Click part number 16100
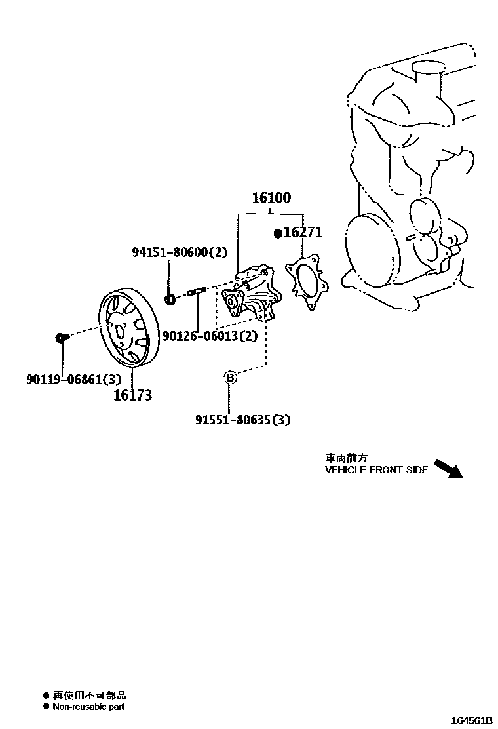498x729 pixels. click(x=271, y=198)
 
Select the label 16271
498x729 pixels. click(x=303, y=233)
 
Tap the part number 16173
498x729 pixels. click(x=132, y=395)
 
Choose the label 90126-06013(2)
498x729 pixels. click(x=209, y=336)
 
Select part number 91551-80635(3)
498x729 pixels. click(x=242, y=419)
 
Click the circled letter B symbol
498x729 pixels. click(x=230, y=377)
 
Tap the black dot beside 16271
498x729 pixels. click(x=278, y=233)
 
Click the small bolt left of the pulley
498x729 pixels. click(x=60, y=337)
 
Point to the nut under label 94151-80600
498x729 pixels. click(x=169, y=300)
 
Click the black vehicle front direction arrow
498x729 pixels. click(x=449, y=467)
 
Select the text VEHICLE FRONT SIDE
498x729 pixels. click(x=376, y=470)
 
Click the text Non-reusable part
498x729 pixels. click(x=88, y=707)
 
